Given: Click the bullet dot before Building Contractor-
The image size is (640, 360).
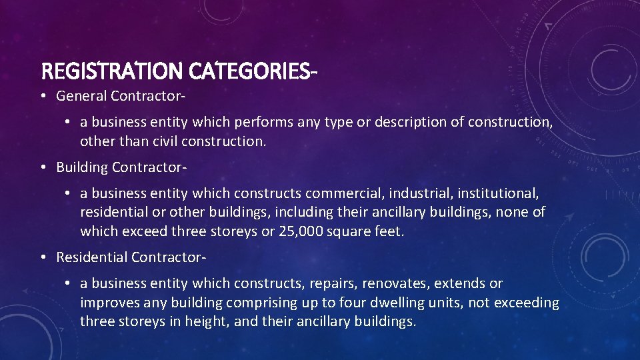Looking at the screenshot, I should [x=42, y=167].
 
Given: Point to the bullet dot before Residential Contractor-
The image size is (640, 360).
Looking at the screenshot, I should [x=42, y=257].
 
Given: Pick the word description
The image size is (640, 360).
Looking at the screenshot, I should [x=413, y=123].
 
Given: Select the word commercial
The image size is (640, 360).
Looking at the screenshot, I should [x=345, y=193].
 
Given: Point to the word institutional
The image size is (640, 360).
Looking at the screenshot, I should [x=500, y=193].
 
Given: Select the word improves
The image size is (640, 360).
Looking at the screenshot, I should [x=106, y=303].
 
